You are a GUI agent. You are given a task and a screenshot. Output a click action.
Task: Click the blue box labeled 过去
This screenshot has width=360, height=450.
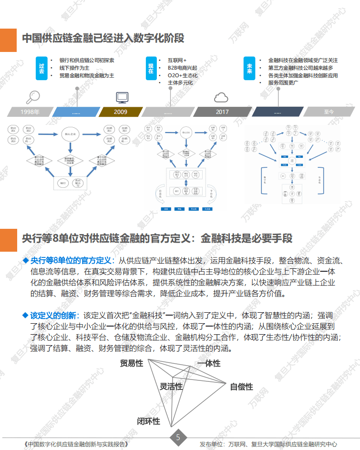point(41,68)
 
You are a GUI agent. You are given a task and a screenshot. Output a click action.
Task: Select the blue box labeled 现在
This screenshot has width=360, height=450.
point(151,68)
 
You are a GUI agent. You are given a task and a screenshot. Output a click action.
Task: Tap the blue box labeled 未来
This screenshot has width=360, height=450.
point(249,68)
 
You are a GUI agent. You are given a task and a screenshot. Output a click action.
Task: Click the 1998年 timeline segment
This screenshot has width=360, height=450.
point(30,112)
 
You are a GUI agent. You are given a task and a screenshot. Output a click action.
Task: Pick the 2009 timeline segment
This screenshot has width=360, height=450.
point(120,112)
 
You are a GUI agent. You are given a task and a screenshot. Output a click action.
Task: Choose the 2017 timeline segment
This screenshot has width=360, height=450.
point(222,112)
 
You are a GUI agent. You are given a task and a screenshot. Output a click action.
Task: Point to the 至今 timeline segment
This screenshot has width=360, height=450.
point(329,112)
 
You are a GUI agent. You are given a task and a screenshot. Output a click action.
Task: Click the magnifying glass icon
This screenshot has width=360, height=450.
point(33,96)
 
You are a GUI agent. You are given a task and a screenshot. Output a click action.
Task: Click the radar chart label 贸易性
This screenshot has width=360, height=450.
point(132,363)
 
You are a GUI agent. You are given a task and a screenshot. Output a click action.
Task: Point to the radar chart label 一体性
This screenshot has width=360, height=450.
point(209,363)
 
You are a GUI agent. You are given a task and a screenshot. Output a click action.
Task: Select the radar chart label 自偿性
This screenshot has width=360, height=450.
point(241,387)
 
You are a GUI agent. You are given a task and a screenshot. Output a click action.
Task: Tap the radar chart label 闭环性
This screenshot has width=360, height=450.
point(148,421)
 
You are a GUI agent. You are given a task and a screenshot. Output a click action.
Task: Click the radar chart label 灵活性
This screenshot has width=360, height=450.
point(171,386)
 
